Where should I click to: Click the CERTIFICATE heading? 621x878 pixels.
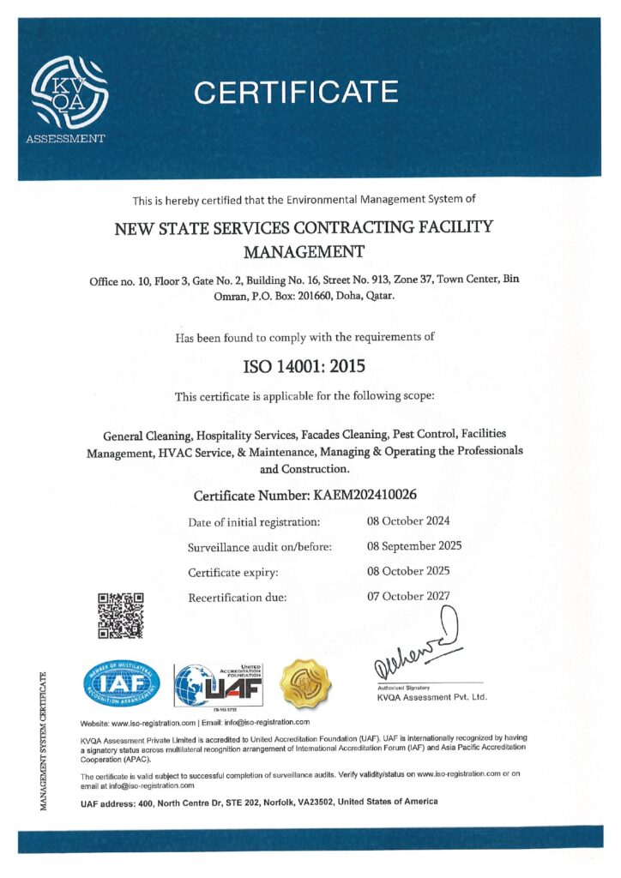pos(296,92)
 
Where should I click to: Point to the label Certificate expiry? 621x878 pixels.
pos(232,571)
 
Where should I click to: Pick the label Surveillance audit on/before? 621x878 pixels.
pos(259,546)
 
